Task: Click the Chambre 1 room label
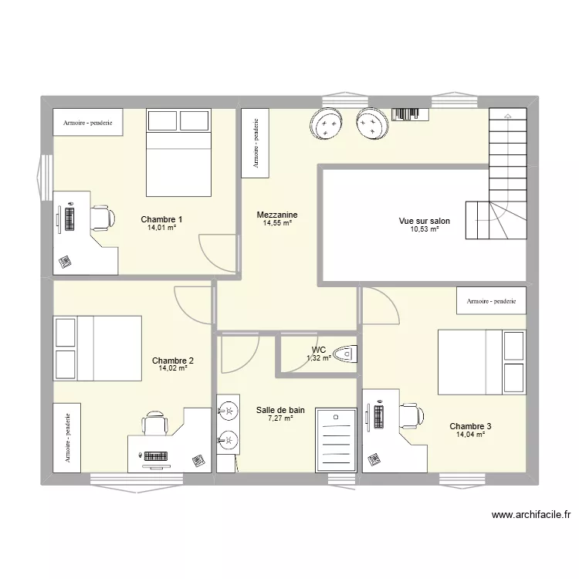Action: click(161, 218)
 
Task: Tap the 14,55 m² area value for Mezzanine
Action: click(276, 223)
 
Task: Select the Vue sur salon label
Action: click(424, 221)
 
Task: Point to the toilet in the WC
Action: click(346, 354)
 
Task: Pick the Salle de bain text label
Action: click(280, 410)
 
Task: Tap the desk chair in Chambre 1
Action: click(101, 218)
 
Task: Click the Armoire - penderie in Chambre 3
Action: click(491, 300)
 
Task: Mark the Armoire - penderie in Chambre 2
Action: click(67, 437)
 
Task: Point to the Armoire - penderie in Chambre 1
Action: click(87, 122)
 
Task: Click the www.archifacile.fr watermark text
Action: click(530, 515)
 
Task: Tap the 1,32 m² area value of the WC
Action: click(318, 357)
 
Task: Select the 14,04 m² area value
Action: click(470, 435)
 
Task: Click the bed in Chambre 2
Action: click(97, 348)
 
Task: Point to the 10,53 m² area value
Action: click(424, 229)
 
